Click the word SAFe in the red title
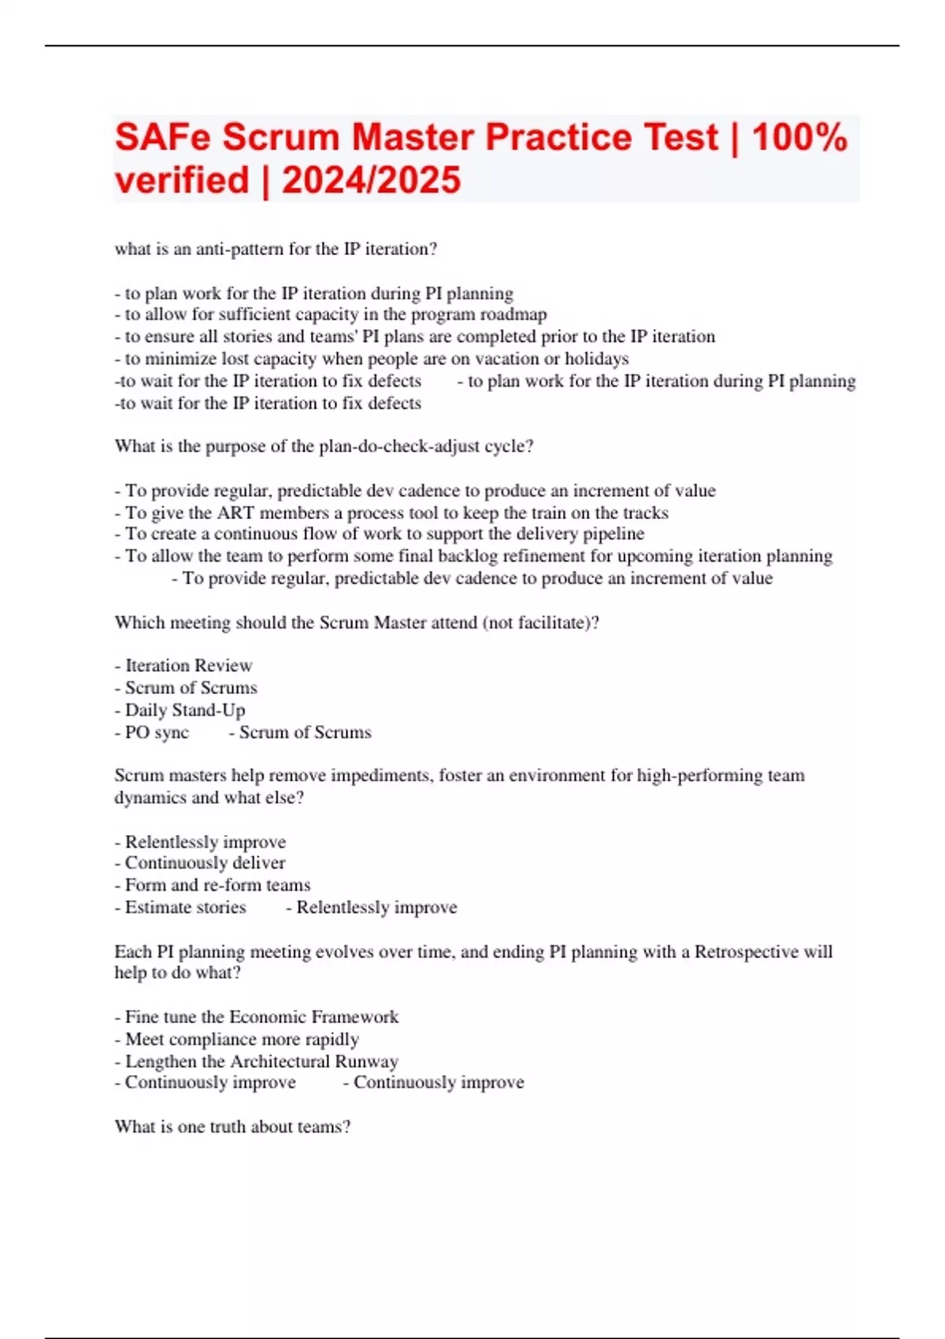point(163,138)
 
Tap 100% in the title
point(799,138)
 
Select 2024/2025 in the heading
point(371,180)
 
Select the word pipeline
point(613,534)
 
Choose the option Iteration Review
point(189,666)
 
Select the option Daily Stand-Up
point(185,710)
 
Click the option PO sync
point(157,733)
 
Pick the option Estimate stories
point(185,907)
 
